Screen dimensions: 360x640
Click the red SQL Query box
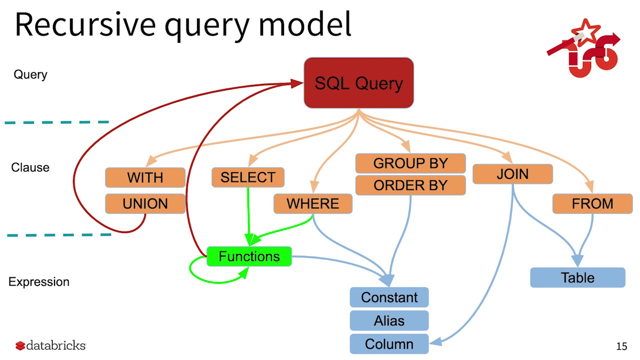pyautogui.click(x=358, y=83)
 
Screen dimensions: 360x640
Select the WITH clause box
pyautogui.click(x=145, y=177)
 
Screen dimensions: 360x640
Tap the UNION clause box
pyautogui.click(x=145, y=204)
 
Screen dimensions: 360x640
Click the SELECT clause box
pyautogui.click(x=248, y=177)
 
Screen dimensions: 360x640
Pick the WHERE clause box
pyautogui.click(x=312, y=204)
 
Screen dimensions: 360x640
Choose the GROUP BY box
pyautogui.click(x=410, y=163)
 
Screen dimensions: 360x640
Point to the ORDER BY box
pyautogui.click(x=410, y=185)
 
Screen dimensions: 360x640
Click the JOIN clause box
pyautogui.click(x=512, y=174)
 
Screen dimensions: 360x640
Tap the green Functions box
pyautogui.click(x=249, y=257)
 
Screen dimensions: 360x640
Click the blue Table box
pyautogui.click(x=577, y=278)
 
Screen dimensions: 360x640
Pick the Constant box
pyautogui.click(x=389, y=297)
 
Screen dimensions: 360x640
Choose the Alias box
pyautogui.click(x=389, y=320)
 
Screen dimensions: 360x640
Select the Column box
pyautogui.click(x=389, y=344)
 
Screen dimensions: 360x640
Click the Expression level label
pyautogui.click(x=39, y=282)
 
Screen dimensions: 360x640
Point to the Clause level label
pyautogui.click(x=30, y=167)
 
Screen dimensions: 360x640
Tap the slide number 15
pyautogui.click(x=621, y=346)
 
